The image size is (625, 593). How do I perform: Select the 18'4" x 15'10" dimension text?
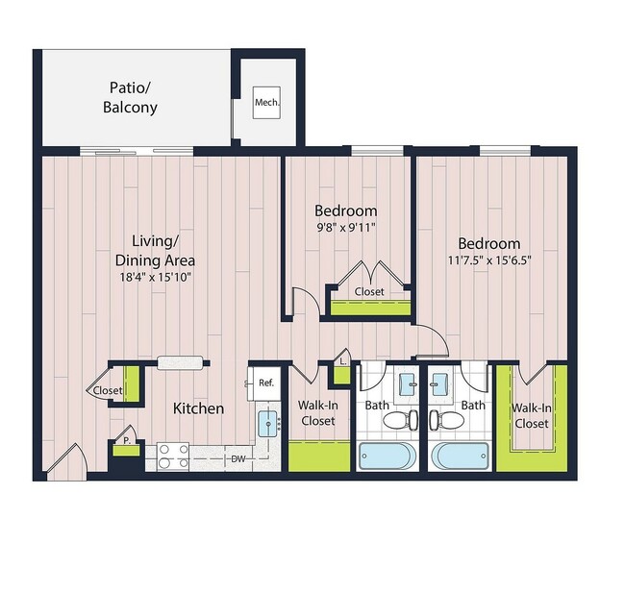[x=155, y=277]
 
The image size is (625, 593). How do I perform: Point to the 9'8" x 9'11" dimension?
[x=346, y=228]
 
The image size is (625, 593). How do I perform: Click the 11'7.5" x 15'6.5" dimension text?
[x=488, y=259]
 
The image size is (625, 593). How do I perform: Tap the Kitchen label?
[x=198, y=408]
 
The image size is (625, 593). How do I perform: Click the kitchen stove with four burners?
[x=172, y=455]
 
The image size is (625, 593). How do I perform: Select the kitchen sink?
[x=267, y=421]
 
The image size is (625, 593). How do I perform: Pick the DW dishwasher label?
[x=237, y=460]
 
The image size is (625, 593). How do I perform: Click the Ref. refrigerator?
[x=265, y=383]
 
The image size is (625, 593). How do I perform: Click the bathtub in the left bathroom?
[x=388, y=455]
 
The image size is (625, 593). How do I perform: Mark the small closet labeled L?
[x=341, y=360]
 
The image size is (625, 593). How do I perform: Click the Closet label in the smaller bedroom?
[x=369, y=291]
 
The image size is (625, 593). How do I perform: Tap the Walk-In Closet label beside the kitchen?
[x=317, y=413]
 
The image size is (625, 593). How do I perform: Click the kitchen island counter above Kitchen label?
[x=181, y=362]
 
